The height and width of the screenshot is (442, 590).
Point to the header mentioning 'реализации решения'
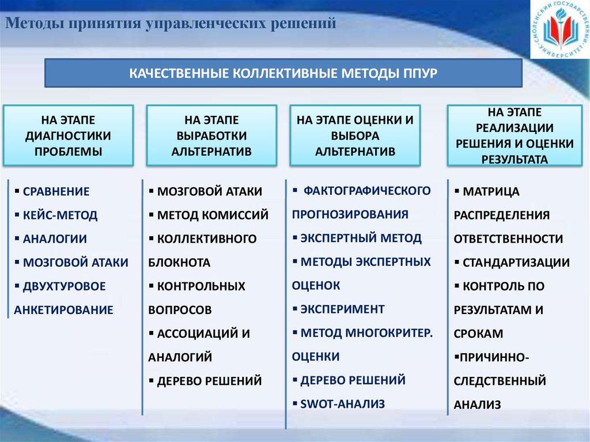tap(515, 136)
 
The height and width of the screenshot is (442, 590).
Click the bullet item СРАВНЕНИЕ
tap(56, 192)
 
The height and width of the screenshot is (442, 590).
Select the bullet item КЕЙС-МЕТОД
tap(60, 216)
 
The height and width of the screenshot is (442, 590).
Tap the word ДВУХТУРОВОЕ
tap(65, 286)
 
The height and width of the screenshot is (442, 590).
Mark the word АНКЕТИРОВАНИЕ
tap(63, 310)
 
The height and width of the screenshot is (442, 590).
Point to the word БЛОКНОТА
tap(179, 263)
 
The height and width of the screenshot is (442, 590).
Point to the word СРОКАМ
tap(478, 334)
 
